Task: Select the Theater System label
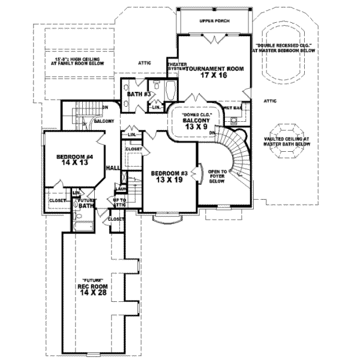[x=176, y=66]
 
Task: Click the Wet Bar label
[x=234, y=109]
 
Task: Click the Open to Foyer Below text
[x=217, y=178]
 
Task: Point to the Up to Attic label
[x=120, y=202]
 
